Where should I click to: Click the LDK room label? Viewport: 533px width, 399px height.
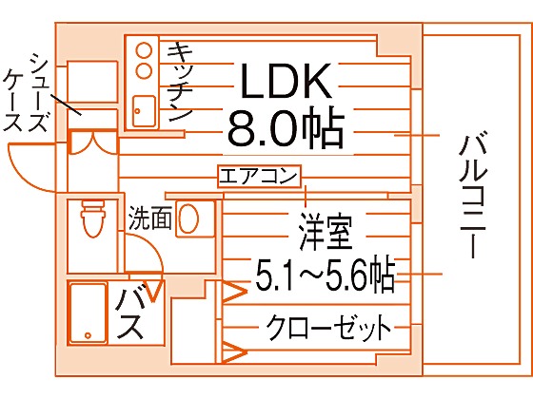tap(286, 81)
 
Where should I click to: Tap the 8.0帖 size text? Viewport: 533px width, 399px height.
tap(286, 129)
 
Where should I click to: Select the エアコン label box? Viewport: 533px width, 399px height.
tap(259, 177)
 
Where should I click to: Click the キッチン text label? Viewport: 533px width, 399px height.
tap(180, 82)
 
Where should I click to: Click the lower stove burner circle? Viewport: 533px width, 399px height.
tap(144, 70)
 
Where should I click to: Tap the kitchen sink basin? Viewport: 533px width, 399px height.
tap(144, 111)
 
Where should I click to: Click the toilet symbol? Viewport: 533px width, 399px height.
tap(92, 218)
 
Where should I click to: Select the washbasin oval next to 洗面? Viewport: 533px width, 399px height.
tap(188, 218)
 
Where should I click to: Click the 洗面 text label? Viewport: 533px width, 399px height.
tap(149, 218)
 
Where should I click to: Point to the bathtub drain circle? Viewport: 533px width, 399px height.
tap(88, 335)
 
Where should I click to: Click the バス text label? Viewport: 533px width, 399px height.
tap(128, 314)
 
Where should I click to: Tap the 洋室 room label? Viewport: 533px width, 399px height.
tap(326, 231)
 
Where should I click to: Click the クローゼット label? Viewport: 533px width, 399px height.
tap(328, 327)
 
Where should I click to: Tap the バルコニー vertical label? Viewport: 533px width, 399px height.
tap(472, 197)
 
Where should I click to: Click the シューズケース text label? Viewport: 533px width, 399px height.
tap(25, 92)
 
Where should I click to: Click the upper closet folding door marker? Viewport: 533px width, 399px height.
tap(234, 292)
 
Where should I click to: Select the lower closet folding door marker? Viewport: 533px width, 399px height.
tap(234, 352)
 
